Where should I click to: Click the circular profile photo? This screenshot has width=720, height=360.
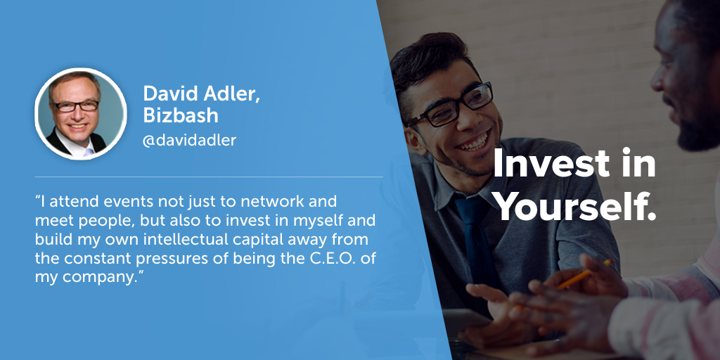pyautogui.click(x=81, y=113)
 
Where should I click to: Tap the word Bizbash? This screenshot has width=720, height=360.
pyautogui.click(x=181, y=115)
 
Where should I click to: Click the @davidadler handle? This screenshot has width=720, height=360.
pyautogui.click(x=189, y=141)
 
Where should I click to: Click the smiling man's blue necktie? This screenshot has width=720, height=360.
pyautogui.click(x=477, y=238)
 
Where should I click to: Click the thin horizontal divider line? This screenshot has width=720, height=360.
pyautogui.click(x=209, y=176)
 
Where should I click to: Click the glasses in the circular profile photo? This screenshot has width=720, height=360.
pyautogui.click(x=76, y=106)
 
